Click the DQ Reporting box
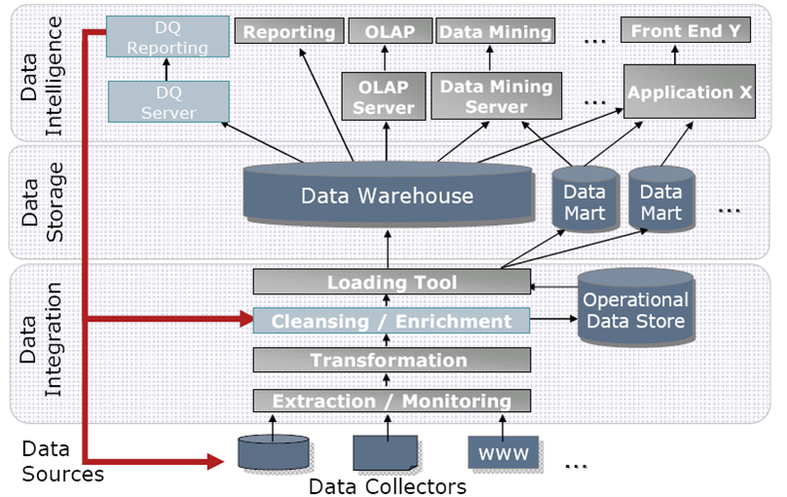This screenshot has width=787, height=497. pos(168,36)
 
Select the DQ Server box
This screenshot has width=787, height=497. pos(168,101)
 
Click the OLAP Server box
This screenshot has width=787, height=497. pos(384,96)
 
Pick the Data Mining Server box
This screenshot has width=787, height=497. pos(496,96)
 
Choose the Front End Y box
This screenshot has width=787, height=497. pos(685,31)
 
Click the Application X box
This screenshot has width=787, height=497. pos(691,94)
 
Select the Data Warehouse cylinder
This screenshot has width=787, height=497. pos(387,196)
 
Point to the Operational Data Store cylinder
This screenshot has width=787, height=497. pos(635,309)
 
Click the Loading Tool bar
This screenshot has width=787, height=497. pos(392,283)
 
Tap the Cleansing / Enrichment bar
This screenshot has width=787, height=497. pos(392,321)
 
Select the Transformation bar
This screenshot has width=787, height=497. pos(392,361)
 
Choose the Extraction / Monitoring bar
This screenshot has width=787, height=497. pos(392,401)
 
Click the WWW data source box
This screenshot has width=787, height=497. pos(503,453)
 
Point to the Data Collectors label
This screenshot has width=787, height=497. pos(388,485)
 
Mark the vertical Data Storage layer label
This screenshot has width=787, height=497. pos(40,202)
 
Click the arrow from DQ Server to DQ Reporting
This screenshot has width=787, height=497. pos(167,70)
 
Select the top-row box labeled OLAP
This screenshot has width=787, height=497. pos(390,32)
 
